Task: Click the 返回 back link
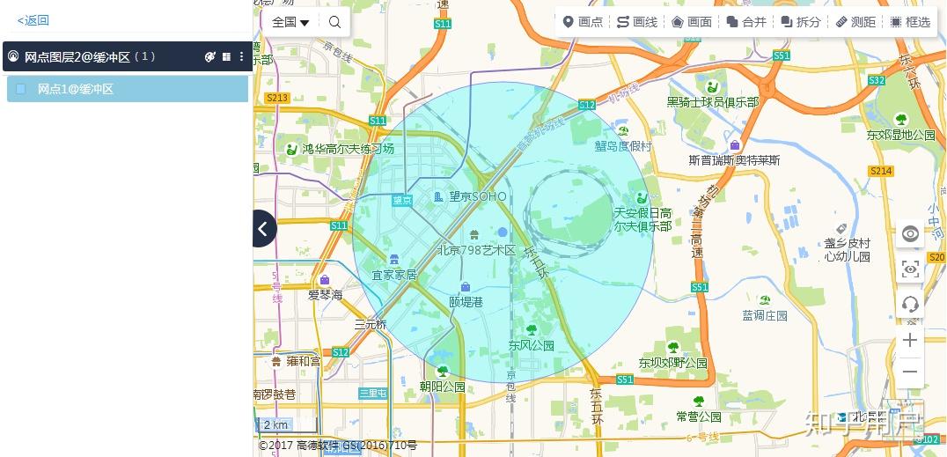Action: click(x=33, y=20)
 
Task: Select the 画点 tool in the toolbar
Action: click(x=583, y=22)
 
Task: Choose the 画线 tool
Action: click(x=637, y=22)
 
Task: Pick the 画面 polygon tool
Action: click(x=692, y=22)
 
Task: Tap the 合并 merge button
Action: click(x=746, y=22)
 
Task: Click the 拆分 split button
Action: click(x=801, y=22)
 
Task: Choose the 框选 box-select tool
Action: click(x=910, y=22)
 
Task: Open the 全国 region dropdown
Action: click(x=290, y=22)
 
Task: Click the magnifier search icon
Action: click(x=334, y=22)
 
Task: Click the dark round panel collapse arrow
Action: click(x=263, y=229)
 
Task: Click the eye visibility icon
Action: click(x=910, y=233)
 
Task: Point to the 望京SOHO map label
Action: click(x=477, y=196)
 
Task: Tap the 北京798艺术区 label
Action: click(x=476, y=250)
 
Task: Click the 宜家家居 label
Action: click(x=393, y=275)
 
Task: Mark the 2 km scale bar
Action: click(x=276, y=424)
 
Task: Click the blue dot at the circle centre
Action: click(x=503, y=232)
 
